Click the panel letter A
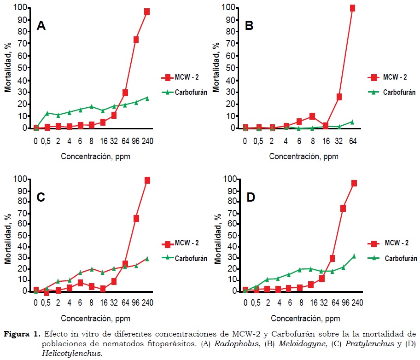41,26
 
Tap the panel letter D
251,197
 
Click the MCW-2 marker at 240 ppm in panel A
147,12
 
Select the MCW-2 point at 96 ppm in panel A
136,40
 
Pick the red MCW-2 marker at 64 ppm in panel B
353,8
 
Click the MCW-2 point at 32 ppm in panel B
339,97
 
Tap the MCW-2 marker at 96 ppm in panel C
136,218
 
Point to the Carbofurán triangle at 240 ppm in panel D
354,256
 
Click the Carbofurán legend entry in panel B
399,92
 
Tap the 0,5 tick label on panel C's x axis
47,302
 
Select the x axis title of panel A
95,156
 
